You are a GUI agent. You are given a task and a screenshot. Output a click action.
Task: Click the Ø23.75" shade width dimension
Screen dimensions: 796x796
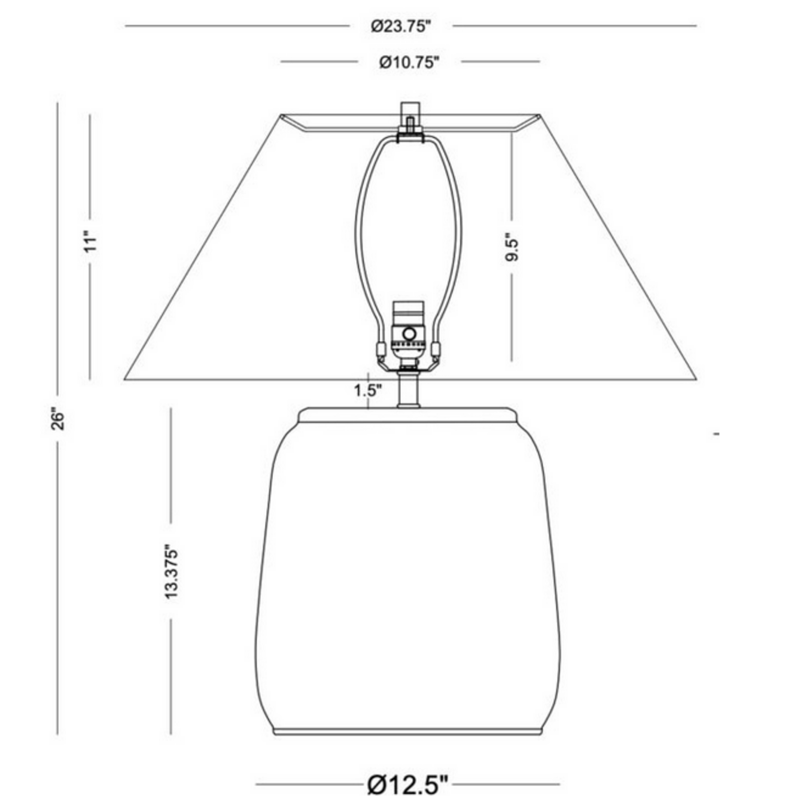tap(400, 26)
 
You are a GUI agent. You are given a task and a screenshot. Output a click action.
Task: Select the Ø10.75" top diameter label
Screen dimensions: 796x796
tap(409, 62)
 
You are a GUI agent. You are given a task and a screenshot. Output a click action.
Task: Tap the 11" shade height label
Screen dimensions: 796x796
tap(90, 243)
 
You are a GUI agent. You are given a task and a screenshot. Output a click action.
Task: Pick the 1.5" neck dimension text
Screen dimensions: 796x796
tap(368, 390)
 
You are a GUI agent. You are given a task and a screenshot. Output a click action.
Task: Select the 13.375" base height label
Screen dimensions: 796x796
tap(171, 572)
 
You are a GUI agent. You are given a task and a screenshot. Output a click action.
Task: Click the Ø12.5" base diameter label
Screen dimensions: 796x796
tap(408, 784)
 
